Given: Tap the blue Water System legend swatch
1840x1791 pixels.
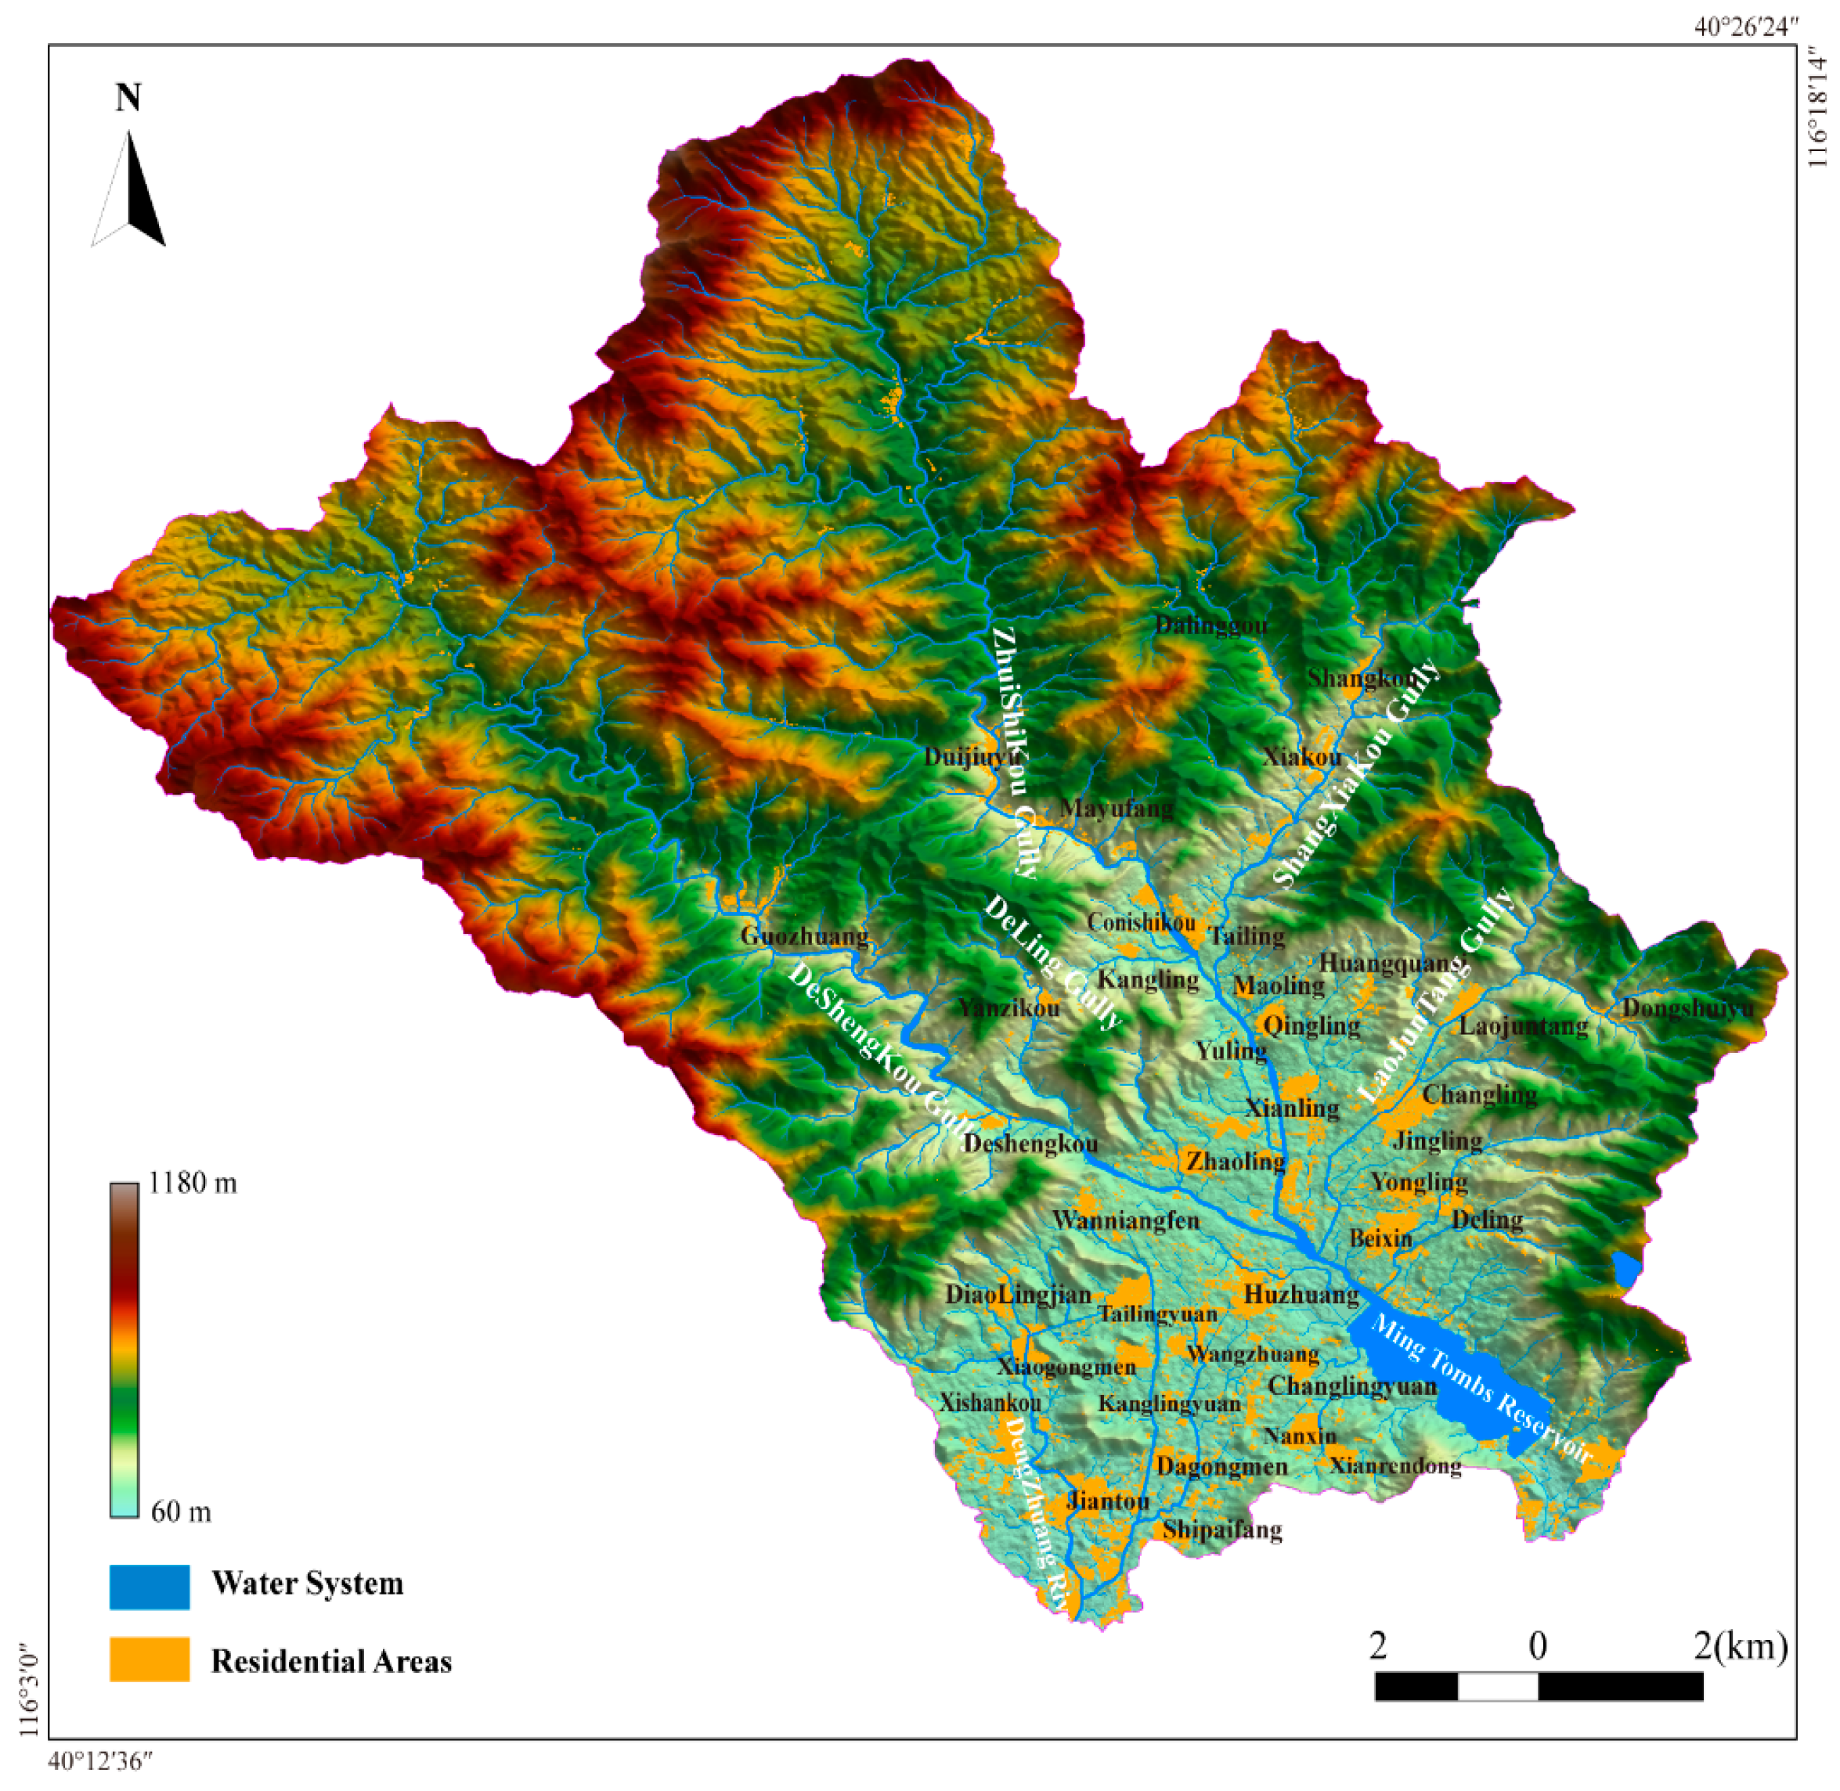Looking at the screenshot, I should tap(149, 1587).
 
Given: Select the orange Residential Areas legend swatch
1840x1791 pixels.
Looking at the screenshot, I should tap(149, 1659).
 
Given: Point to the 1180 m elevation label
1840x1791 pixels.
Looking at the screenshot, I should tap(193, 1183).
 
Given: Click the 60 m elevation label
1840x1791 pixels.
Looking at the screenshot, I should tap(181, 1512).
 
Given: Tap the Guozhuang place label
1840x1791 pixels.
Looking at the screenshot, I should tap(803, 936).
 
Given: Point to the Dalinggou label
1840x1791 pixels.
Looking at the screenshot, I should tap(1210, 625).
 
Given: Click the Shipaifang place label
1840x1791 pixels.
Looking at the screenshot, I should tap(1222, 1530).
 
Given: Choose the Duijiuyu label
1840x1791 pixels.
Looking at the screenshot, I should tap(971, 757).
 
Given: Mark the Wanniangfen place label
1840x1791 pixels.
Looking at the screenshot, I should tap(1125, 1221).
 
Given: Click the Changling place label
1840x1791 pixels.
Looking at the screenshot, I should tap(1479, 1095).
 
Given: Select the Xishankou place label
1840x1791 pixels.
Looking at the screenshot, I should tap(990, 1404).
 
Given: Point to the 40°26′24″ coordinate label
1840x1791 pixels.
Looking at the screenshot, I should tap(1746, 27).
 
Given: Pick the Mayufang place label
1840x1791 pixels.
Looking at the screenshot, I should tap(1117, 808).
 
